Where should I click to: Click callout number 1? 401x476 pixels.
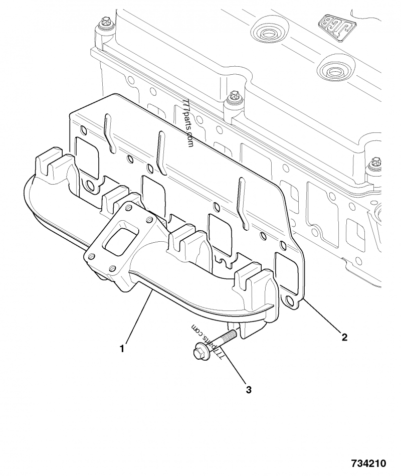point(122,349)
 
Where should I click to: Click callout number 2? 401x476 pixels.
point(344,337)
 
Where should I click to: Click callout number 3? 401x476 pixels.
point(249,390)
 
